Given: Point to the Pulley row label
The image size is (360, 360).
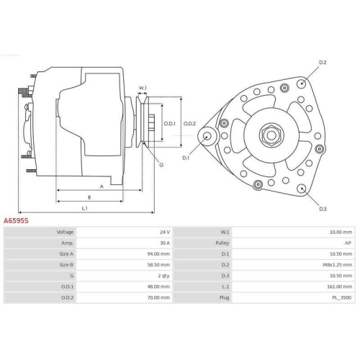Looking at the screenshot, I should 224,243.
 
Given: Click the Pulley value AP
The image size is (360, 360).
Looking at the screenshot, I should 348,243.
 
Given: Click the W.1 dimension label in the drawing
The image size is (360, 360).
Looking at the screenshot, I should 143,89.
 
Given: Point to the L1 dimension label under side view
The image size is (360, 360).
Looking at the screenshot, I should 84,208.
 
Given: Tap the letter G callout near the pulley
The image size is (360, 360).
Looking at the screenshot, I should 161,165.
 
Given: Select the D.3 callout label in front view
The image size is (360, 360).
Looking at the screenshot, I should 322,208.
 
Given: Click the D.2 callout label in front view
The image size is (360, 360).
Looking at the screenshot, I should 323,63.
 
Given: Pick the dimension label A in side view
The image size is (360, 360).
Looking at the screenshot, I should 102,186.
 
